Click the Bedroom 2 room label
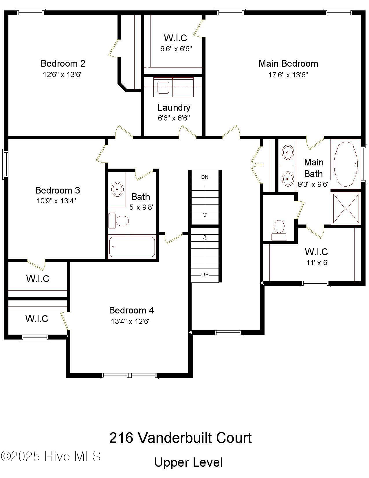click(x=63, y=63)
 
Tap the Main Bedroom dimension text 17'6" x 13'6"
click(x=288, y=75)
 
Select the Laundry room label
click(x=174, y=107)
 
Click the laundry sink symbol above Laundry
click(x=163, y=87)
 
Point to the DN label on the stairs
click(x=205, y=177)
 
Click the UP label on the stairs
click(x=205, y=274)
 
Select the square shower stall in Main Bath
click(x=346, y=209)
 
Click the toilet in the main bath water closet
click(x=279, y=229)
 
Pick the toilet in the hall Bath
click(x=119, y=221)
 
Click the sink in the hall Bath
click(x=117, y=189)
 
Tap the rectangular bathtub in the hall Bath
click(x=132, y=247)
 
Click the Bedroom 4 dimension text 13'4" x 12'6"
click(x=131, y=321)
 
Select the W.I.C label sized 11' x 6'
click(x=316, y=251)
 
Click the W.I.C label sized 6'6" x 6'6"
click(x=175, y=38)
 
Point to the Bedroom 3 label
click(x=58, y=190)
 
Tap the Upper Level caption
click(x=188, y=462)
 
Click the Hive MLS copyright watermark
click(x=51, y=456)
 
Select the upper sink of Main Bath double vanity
click(x=288, y=152)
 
